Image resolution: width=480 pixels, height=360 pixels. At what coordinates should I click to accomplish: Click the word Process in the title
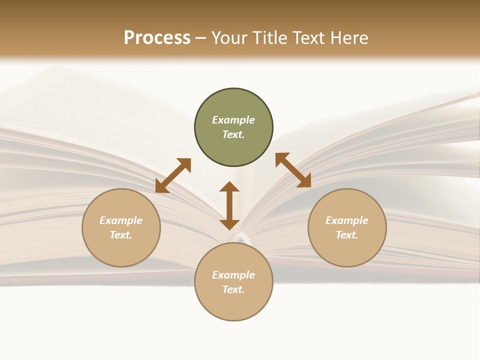pyautogui.click(x=157, y=38)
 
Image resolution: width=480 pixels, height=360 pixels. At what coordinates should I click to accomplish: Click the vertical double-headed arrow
pyautogui.click(x=229, y=205)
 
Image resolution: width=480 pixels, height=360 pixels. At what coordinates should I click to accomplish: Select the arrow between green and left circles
pyautogui.click(x=173, y=175)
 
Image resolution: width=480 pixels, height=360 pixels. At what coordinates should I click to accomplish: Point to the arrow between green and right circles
pyautogui.click(x=293, y=170)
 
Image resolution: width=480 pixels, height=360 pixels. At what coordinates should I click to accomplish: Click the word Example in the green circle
pyautogui.click(x=233, y=120)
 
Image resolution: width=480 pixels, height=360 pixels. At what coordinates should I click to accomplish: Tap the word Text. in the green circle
pyautogui.click(x=233, y=134)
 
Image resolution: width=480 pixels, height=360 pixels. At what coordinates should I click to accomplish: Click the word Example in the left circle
pyautogui.click(x=121, y=220)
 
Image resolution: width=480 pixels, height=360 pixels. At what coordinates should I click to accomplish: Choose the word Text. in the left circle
pyautogui.click(x=121, y=235)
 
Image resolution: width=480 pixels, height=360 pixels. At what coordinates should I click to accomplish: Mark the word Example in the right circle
pyautogui.click(x=347, y=220)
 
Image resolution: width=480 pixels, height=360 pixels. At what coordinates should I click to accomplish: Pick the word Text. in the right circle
pyautogui.click(x=347, y=235)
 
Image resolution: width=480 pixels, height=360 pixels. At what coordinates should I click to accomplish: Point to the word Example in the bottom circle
pyautogui.click(x=233, y=275)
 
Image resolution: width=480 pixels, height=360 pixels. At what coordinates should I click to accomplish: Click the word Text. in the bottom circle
pyautogui.click(x=233, y=289)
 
